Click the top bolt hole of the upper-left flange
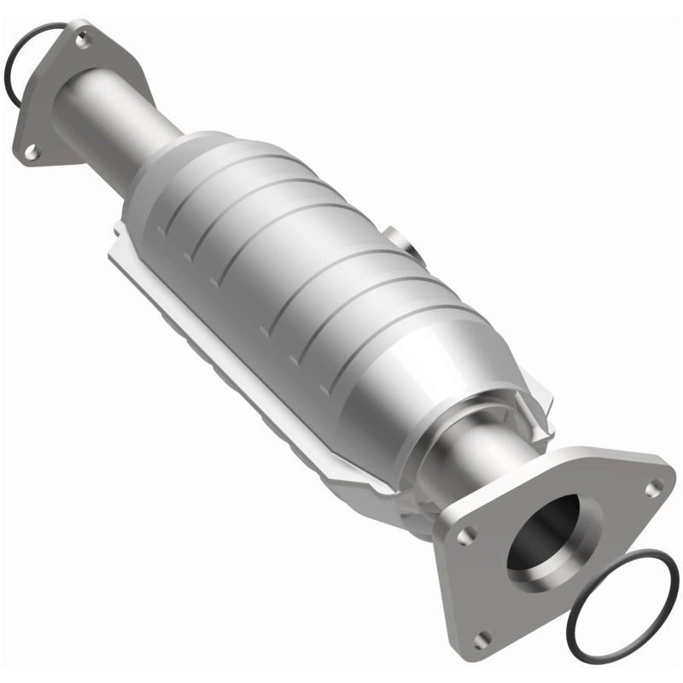(x=82, y=38)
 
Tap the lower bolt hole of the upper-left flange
(x=31, y=151)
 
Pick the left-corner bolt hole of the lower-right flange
(x=465, y=536)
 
